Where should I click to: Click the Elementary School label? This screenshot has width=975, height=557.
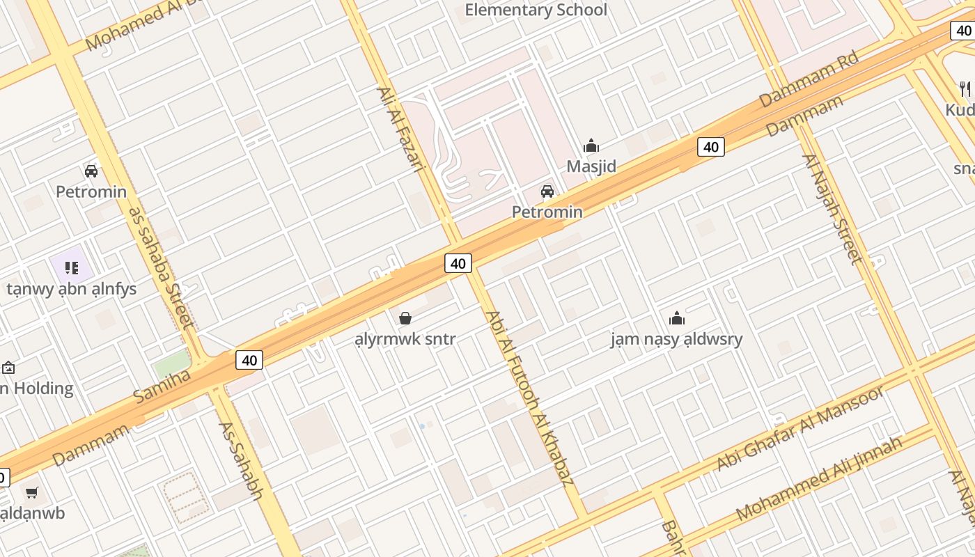pyautogui.click(x=536, y=10)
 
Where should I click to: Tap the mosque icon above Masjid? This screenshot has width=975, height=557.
pyautogui.click(x=591, y=146)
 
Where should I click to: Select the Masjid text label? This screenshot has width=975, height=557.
pyautogui.click(x=591, y=166)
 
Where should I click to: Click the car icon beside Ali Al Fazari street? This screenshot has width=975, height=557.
pyautogui.click(x=547, y=191)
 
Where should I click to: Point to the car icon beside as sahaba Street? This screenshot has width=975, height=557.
pyautogui.click(x=91, y=171)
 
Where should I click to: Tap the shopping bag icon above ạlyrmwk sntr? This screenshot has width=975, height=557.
pyautogui.click(x=405, y=319)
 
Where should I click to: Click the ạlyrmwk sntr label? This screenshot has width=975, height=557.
pyautogui.click(x=405, y=339)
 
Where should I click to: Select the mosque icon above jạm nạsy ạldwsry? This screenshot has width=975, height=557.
pyautogui.click(x=676, y=319)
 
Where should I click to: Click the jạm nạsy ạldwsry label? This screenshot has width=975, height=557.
pyautogui.click(x=676, y=339)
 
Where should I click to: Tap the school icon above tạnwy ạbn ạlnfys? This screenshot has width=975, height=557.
pyautogui.click(x=71, y=268)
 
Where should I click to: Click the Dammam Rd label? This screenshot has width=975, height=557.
pyautogui.click(x=809, y=79)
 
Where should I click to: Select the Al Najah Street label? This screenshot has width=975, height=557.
pyautogui.click(x=833, y=209)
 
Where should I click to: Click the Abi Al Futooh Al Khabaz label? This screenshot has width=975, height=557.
pyautogui.click(x=529, y=398)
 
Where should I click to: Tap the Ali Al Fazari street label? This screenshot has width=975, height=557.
pyautogui.click(x=400, y=129)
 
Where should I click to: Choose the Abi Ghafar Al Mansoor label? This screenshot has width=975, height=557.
pyautogui.click(x=801, y=427)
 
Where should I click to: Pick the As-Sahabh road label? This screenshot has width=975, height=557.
pyautogui.click(x=240, y=460)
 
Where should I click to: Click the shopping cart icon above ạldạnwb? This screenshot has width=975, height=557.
pyautogui.click(x=31, y=493)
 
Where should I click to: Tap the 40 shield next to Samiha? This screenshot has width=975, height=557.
pyautogui.click(x=249, y=360)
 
